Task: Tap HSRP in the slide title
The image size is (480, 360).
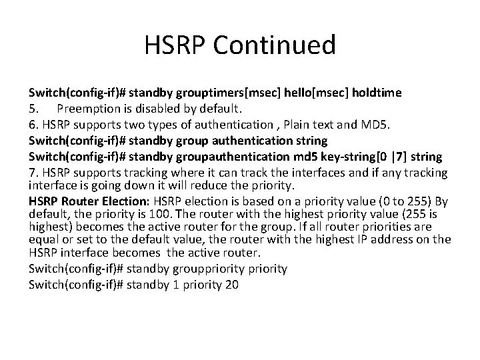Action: point(176,46)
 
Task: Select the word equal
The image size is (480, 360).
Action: point(44,239)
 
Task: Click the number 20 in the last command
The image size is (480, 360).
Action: point(231,285)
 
